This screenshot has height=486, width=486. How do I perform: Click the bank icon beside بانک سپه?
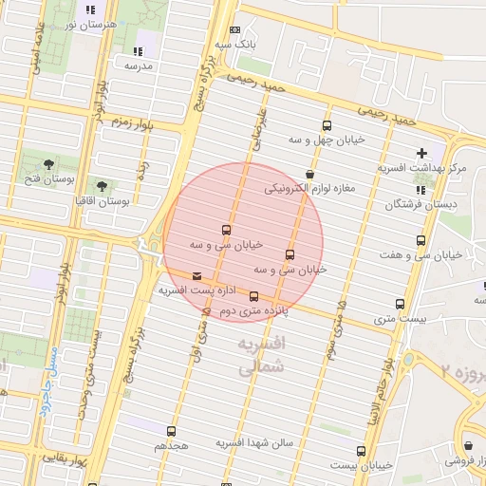(235, 30)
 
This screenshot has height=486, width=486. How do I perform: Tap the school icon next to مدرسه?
(139, 51)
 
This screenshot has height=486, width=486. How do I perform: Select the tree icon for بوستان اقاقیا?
(102, 186)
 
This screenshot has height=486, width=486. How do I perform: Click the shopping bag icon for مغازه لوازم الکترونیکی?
(310, 174)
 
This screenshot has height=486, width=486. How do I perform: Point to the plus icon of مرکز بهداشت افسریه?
(421, 153)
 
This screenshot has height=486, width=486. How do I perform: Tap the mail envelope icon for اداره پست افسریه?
(196, 276)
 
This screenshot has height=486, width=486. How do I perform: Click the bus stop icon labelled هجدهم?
(172, 430)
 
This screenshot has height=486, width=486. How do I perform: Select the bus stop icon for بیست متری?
(400, 305)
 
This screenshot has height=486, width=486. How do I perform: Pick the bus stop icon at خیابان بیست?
(361, 451)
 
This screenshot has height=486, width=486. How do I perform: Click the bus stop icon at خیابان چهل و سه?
(327, 125)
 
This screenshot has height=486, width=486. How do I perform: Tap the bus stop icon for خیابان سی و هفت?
(421, 241)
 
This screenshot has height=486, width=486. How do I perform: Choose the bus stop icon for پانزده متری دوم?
(252, 296)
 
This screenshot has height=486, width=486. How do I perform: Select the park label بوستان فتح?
(45, 178)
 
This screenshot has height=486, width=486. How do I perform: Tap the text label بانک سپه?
(235, 45)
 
